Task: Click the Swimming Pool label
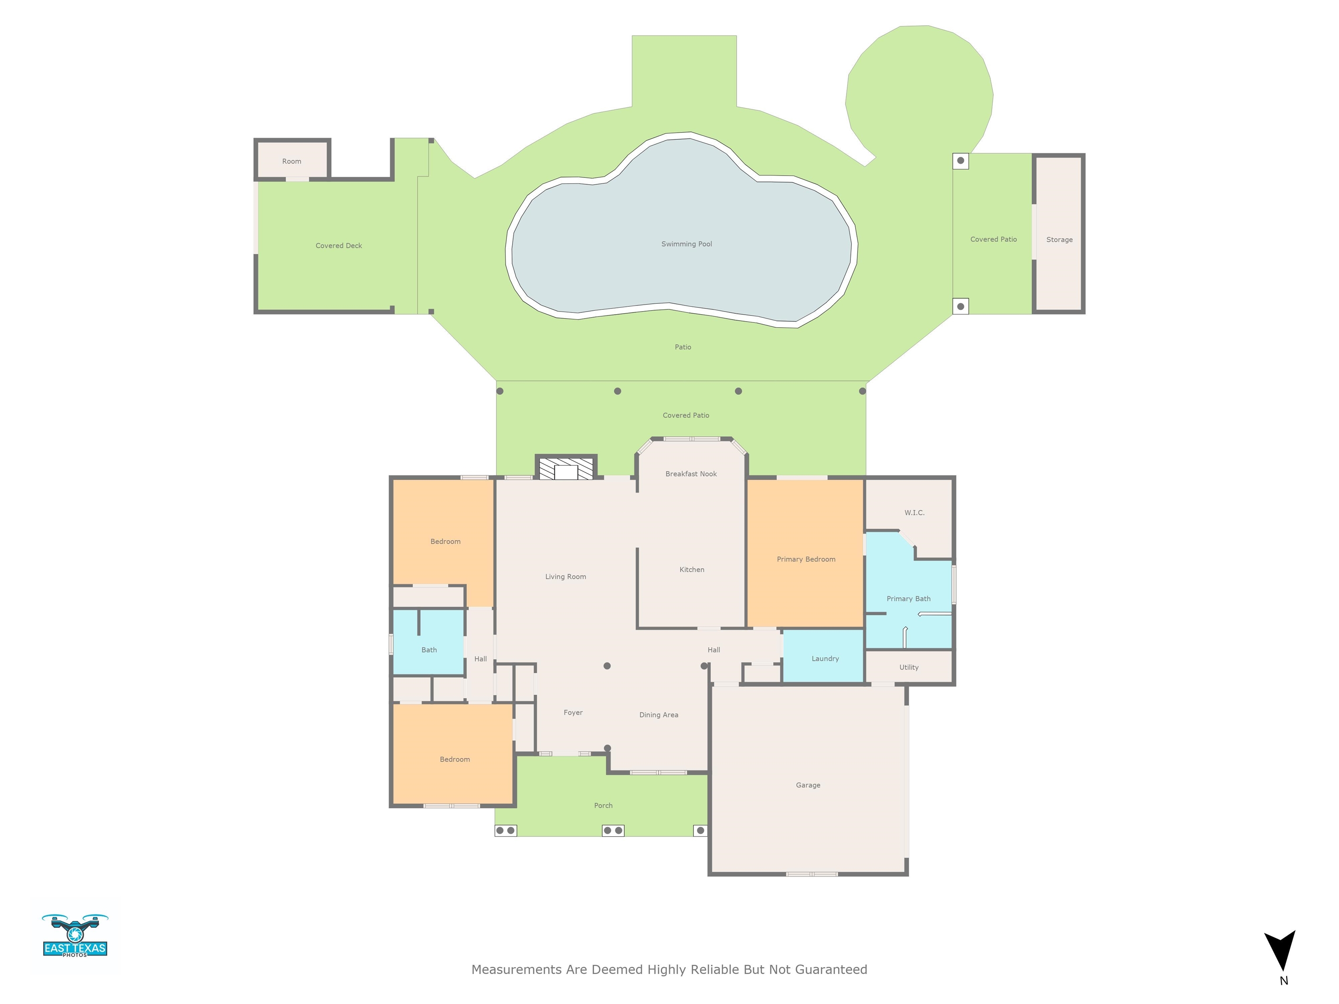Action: [x=686, y=244]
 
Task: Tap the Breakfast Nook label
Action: [x=691, y=474]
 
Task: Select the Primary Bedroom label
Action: [x=805, y=559]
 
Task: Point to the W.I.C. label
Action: [x=914, y=512]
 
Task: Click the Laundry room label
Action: [x=825, y=658]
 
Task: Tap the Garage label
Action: [x=808, y=785]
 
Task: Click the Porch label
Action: [x=603, y=805]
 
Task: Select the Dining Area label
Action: [x=659, y=715]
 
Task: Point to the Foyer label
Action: [x=573, y=712]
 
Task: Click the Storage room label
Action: [x=1059, y=240]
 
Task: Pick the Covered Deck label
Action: [x=338, y=246]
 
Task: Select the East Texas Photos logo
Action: [x=75, y=936]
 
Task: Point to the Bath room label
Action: [x=428, y=650]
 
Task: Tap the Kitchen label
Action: [x=691, y=570]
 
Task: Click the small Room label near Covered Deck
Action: [x=291, y=161]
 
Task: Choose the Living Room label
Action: [x=565, y=577]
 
